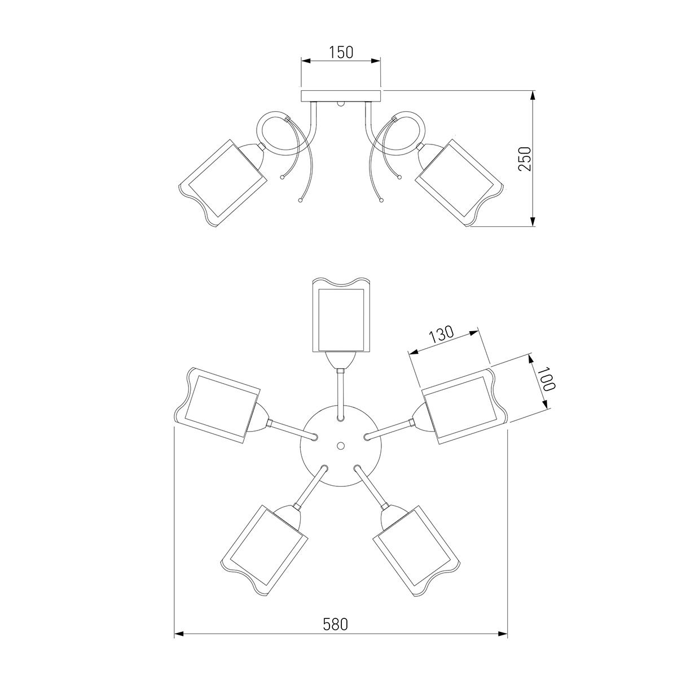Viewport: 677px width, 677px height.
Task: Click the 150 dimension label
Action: tap(341, 52)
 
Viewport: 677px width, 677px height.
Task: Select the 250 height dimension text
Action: tap(525, 159)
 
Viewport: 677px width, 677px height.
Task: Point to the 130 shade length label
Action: tap(441, 335)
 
